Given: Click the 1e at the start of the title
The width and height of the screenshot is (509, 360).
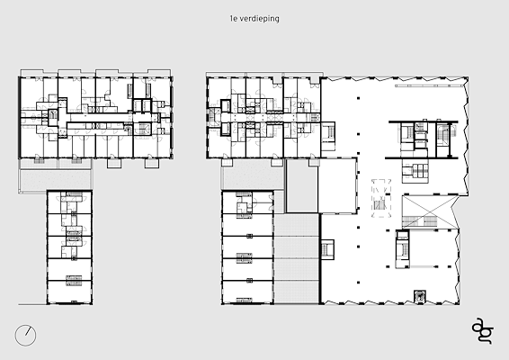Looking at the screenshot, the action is (x=234, y=19).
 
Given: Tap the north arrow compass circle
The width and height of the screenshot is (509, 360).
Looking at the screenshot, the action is (x=25, y=336).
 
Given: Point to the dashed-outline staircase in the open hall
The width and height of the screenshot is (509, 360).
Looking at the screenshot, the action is (x=381, y=199).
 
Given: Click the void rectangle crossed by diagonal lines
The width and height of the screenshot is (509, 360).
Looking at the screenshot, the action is (x=426, y=211).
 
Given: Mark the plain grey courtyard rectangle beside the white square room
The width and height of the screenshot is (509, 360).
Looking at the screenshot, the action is (x=302, y=185).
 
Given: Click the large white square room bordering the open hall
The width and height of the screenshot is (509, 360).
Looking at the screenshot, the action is (x=337, y=185).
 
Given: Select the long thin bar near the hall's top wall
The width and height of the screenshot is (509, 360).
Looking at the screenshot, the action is (x=428, y=85).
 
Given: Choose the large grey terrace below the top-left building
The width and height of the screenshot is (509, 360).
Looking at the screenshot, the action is (x=55, y=180).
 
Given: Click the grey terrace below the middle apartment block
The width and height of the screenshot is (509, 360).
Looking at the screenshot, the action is (x=252, y=178).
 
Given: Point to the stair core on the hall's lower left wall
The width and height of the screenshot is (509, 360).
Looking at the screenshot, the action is (x=327, y=250).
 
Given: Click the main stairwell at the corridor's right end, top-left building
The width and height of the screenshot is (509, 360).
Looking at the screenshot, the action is (x=142, y=129).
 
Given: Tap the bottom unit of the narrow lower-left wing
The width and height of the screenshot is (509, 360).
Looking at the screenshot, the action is (x=69, y=292).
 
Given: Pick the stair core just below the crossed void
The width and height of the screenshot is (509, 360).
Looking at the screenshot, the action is (x=403, y=248).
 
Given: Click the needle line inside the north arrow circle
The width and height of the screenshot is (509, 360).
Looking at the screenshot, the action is (x=28, y=331).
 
